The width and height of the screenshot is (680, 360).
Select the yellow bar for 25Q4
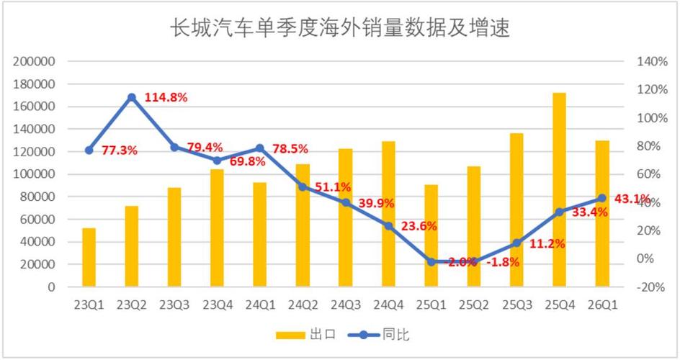click(559, 189)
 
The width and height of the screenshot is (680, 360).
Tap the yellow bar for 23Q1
click(89, 257)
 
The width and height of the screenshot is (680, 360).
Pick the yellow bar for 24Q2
click(303, 225)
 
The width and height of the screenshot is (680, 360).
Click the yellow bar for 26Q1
click(602, 213)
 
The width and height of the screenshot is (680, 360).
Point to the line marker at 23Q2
click(132, 97)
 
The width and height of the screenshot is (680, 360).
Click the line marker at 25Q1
click(431, 262)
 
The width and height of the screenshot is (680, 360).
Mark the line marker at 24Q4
click(388, 226)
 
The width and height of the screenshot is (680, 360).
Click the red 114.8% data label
click(166, 97)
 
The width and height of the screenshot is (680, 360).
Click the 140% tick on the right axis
click(653, 62)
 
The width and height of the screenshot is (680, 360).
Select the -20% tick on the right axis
click(653, 287)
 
